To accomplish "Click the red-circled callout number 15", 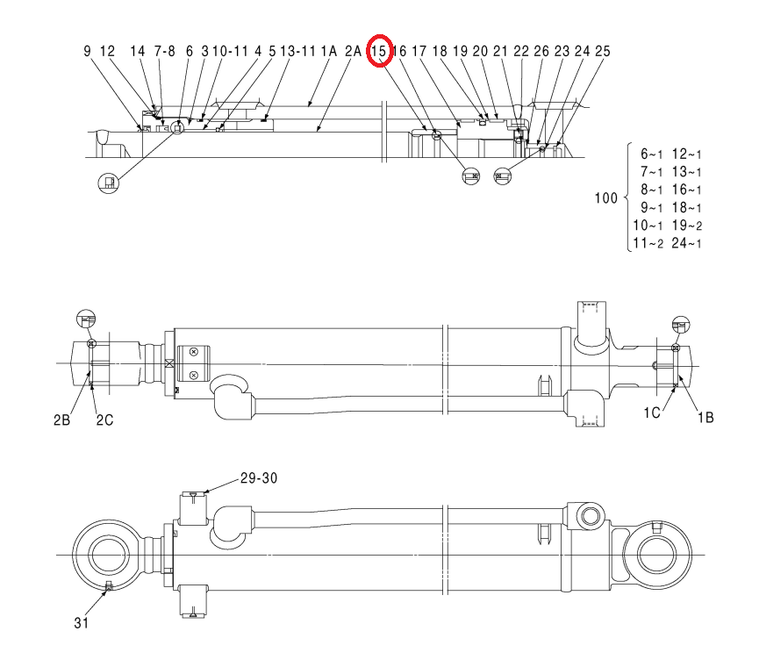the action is (x=378, y=51).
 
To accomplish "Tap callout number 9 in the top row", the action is (x=87, y=51).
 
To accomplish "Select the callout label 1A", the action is (x=329, y=51).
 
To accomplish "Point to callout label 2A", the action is (x=354, y=51).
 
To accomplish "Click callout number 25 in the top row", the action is (x=603, y=51).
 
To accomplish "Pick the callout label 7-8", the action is (x=165, y=51).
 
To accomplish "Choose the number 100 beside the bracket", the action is (x=606, y=198).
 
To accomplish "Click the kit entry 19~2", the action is (x=687, y=226).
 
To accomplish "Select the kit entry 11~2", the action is (x=648, y=243).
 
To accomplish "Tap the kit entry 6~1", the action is (x=652, y=154).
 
